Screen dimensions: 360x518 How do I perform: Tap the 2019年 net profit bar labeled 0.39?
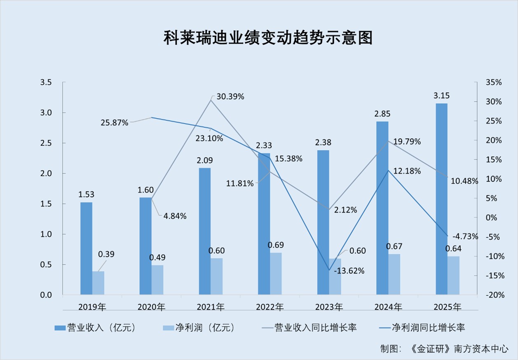[98, 283]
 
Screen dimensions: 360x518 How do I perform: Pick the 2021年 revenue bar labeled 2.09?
[205, 231]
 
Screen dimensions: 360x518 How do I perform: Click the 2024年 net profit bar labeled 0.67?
[394, 274]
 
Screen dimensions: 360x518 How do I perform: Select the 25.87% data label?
[114, 123]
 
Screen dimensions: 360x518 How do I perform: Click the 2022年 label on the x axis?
[270, 307]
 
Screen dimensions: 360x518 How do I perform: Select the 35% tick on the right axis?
[493, 82]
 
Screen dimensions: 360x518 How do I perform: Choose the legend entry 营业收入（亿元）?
[95, 328]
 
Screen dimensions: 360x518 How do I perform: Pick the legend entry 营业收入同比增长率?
[309, 328]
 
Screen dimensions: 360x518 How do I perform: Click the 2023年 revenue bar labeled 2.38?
[323, 222]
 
